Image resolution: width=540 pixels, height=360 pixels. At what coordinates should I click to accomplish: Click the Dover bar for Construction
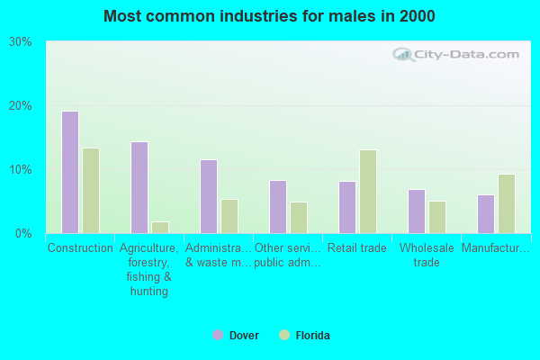pos(70,172)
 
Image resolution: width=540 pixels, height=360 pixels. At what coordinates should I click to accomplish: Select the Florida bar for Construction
pos(91,191)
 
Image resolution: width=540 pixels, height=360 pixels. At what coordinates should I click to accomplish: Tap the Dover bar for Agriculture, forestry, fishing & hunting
pos(139,187)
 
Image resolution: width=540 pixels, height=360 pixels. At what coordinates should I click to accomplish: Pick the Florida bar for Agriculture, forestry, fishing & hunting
pos(160,228)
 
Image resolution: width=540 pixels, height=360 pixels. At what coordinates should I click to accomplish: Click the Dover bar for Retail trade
pos(347,207)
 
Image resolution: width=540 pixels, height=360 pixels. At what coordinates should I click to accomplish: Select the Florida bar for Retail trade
pos(368,192)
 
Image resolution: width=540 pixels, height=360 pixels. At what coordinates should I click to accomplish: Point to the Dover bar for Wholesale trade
pos(417,211)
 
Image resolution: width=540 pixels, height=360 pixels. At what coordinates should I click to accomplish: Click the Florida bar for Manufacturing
pos(507,203)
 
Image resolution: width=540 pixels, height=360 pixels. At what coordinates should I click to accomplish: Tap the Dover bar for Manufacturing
pos(486,214)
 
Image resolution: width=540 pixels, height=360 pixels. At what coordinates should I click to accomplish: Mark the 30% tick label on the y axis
pos(21,42)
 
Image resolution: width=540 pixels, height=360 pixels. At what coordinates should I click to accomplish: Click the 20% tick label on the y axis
pos(21,106)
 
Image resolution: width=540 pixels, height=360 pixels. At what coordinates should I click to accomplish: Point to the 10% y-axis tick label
pos(21,170)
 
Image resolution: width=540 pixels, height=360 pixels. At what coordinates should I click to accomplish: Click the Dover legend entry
pos(236,336)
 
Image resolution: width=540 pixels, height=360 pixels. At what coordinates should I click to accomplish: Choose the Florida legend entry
pos(305,336)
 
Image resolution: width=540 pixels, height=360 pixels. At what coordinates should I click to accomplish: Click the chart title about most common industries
pos(270,16)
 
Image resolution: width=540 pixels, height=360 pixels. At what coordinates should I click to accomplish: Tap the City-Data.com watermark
pos(458,55)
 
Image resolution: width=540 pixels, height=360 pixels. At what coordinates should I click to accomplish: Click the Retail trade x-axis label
pos(357,248)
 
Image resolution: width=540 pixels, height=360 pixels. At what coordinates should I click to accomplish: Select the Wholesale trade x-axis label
pos(427,256)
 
